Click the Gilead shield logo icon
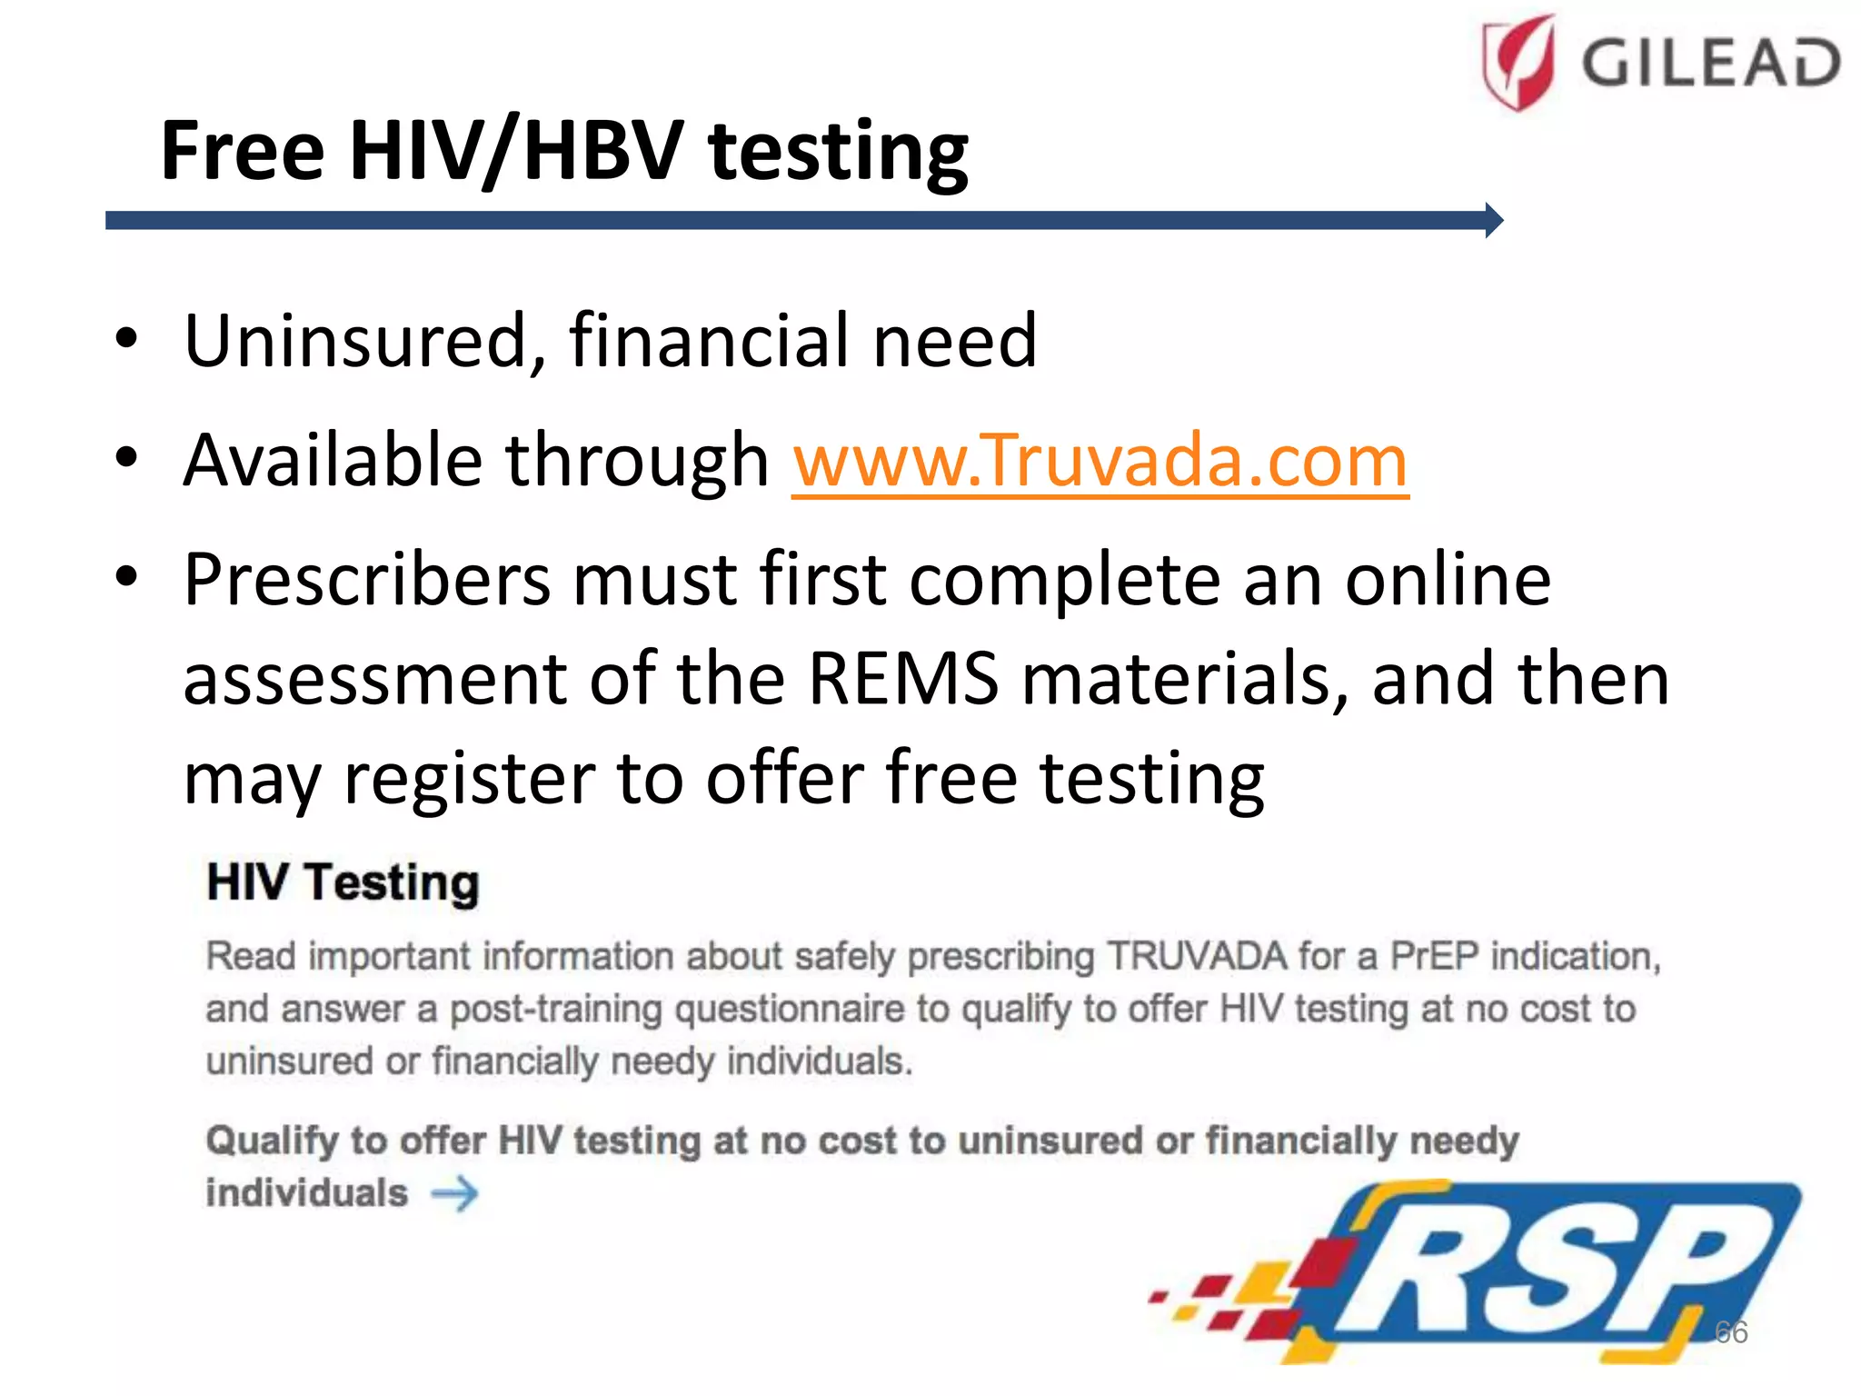click(x=1518, y=62)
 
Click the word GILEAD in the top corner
click(x=1711, y=63)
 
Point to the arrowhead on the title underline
click(x=1494, y=220)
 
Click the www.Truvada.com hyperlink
click(x=1100, y=461)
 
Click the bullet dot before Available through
click(x=127, y=457)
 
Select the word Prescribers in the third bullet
click(x=366, y=580)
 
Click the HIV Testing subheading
click(x=343, y=882)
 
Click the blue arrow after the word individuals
click(x=454, y=1193)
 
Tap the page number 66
click(x=1730, y=1332)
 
